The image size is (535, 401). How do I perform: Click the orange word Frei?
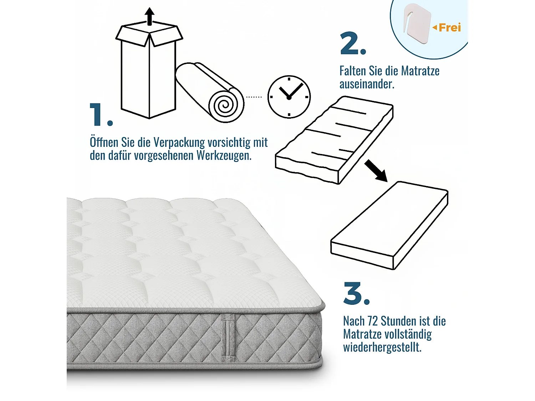point(449,27)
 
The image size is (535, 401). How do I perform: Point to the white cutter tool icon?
point(417,24)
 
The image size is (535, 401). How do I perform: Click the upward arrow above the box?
point(150,16)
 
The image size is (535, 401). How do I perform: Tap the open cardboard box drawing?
point(149,71)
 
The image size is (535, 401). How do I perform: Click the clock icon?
point(289,97)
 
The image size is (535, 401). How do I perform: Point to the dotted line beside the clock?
point(254,97)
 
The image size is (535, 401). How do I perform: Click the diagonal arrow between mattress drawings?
point(376,171)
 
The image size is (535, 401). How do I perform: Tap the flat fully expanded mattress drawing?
point(389,225)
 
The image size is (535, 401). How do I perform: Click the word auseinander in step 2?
point(367,84)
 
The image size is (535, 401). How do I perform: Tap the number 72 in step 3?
point(372,321)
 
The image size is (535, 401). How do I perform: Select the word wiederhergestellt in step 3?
point(382,347)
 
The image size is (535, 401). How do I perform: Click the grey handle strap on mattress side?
point(228,338)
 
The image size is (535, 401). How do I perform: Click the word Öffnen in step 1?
point(104,142)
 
